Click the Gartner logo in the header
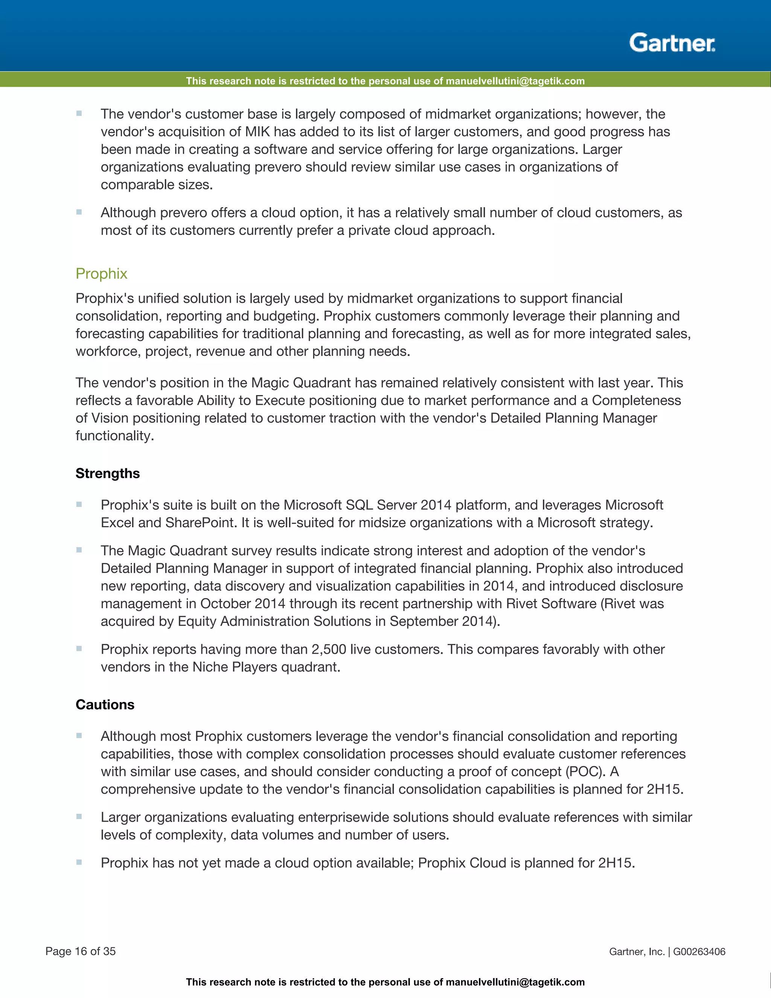click(x=672, y=43)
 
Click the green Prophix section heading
click(x=101, y=273)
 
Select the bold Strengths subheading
click(x=108, y=473)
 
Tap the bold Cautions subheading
click(x=105, y=704)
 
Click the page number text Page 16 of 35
click(x=81, y=951)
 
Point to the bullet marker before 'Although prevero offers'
click(x=79, y=212)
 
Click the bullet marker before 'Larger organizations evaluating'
click(x=79, y=816)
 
